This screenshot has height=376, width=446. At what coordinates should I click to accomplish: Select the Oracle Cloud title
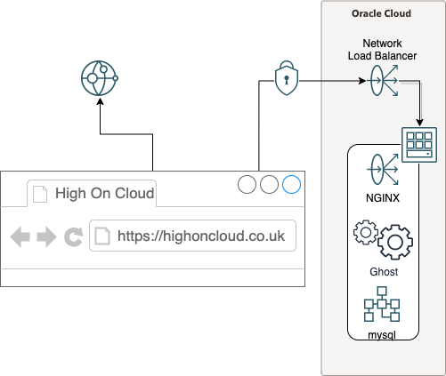tap(381, 13)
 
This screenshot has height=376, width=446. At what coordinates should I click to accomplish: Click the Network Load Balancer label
tap(382, 50)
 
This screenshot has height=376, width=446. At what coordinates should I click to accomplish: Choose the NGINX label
tap(383, 198)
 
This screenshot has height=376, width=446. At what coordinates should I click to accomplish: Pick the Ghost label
tap(384, 272)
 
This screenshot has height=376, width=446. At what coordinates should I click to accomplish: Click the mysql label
tap(382, 335)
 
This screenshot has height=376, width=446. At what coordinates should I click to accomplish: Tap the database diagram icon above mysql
tap(382, 304)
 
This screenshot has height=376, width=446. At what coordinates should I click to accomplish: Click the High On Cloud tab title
tap(105, 193)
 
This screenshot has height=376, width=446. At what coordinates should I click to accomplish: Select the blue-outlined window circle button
tap(291, 184)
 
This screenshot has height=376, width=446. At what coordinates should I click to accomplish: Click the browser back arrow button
tap(20, 236)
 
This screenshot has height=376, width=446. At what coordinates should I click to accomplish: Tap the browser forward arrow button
tap(46, 236)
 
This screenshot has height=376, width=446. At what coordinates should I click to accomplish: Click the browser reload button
tap(74, 237)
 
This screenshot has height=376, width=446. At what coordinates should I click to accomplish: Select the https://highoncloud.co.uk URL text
tap(201, 236)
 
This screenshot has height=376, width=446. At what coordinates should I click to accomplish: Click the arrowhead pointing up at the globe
tap(101, 101)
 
